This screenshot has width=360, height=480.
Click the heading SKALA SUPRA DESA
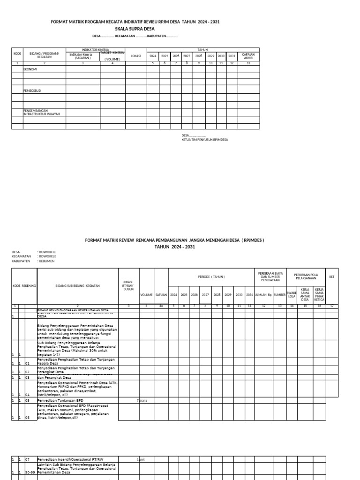(x=135, y=29)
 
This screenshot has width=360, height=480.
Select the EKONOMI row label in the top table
(x=30, y=69)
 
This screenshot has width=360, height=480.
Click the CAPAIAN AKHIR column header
(x=248, y=56)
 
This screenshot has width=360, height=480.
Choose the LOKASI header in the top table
(x=136, y=56)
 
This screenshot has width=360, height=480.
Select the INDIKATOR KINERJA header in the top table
(x=96, y=49)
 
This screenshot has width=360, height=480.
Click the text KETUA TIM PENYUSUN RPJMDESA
(x=205, y=140)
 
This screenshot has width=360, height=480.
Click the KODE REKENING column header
(x=24, y=285)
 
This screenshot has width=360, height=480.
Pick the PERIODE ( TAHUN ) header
(x=210, y=277)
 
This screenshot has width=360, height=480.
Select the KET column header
(x=332, y=277)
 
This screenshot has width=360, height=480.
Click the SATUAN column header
(x=161, y=295)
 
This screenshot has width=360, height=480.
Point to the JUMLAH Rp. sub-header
(x=263, y=295)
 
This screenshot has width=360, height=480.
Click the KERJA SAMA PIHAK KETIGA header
(x=319, y=294)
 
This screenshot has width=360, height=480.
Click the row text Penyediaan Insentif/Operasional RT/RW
(x=70, y=459)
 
